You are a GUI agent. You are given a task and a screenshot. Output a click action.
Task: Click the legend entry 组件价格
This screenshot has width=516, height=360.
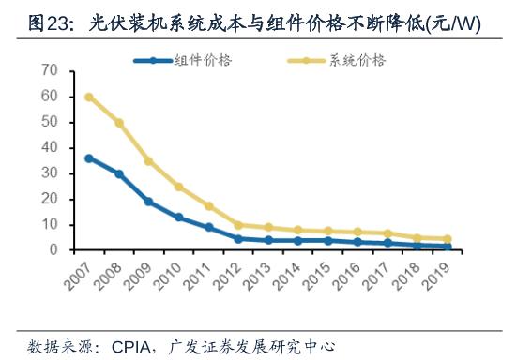click(204, 60)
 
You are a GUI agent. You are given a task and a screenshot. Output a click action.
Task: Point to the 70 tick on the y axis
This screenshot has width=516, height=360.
click(50, 71)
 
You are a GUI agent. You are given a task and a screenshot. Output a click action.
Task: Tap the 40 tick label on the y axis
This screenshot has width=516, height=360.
click(50, 148)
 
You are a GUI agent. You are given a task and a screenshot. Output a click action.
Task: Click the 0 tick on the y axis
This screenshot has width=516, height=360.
click(54, 250)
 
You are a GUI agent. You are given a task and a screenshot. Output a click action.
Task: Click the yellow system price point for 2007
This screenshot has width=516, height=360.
click(88, 97)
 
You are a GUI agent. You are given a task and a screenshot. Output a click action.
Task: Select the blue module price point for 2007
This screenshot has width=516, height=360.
click(88, 158)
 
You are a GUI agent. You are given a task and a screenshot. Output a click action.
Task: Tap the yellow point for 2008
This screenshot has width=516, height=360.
click(119, 123)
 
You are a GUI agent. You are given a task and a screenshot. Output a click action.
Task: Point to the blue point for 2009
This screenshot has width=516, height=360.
click(149, 202)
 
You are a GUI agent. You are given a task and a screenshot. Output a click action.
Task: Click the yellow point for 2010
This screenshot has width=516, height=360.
click(179, 187)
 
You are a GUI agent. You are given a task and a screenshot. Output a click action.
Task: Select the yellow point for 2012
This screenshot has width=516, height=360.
click(239, 225)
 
